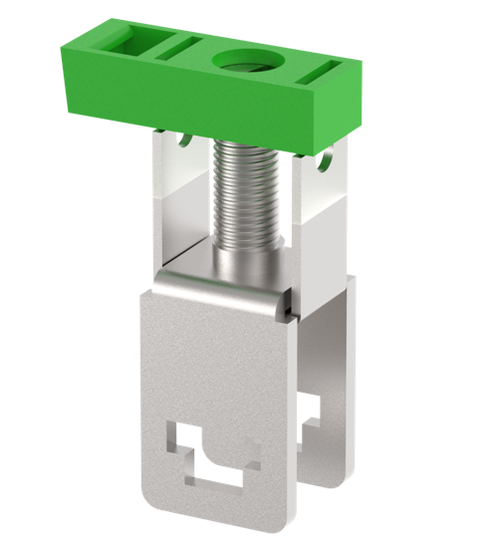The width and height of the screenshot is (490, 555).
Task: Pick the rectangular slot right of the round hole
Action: coord(324,71)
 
